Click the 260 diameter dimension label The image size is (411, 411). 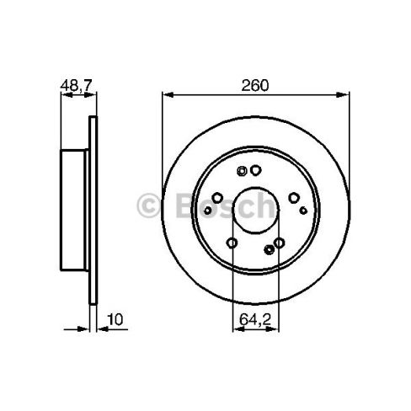(x=255, y=86)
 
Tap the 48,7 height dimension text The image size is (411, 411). (x=77, y=85)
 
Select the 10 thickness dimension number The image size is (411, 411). (x=115, y=319)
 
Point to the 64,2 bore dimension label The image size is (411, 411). (x=255, y=319)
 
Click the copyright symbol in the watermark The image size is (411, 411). (x=148, y=205)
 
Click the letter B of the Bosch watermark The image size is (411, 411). (x=188, y=205)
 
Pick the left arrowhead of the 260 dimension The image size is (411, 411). (x=168, y=95)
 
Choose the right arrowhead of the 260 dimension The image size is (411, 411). (x=343, y=95)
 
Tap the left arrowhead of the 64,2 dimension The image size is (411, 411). (x=238, y=329)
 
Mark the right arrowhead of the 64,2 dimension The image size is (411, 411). (x=273, y=329)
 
